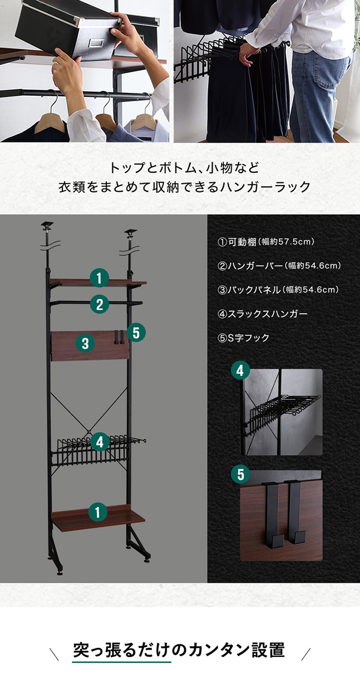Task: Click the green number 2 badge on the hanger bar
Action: click(x=100, y=304)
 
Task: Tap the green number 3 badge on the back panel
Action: click(x=85, y=343)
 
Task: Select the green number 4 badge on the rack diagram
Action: click(x=100, y=442)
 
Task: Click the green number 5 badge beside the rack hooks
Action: click(x=136, y=333)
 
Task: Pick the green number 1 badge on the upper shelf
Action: click(x=99, y=277)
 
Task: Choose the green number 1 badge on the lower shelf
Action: click(x=98, y=512)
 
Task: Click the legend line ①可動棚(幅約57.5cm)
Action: click(x=266, y=242)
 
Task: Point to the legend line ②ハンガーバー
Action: click(x=279, y=265)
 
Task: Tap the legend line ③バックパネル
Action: click(x=278, y=290)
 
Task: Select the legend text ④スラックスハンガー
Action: click(x=262, y=314)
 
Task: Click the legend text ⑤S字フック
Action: click(x=243, y=338)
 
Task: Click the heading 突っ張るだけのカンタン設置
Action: click(x=179, y=650)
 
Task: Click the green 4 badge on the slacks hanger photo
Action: click(x=240, y=371)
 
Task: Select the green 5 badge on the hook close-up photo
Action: click(x=240, y=474)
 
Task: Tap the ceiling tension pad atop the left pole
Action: click(x=47, y=224)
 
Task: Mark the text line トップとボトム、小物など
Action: click(x=184, y=168)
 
